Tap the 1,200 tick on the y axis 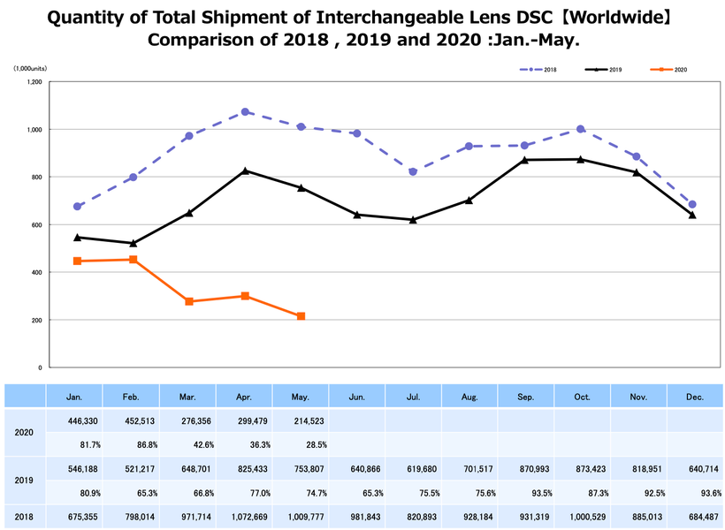pos(34,82)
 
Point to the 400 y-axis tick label pos(36,272)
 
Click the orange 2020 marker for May pos(301,316)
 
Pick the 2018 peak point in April pos(245,112)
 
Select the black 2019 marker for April pos(245,170)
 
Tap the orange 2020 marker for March pos(189,301)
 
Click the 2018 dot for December pos(692,204)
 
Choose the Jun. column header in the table pos(356,397)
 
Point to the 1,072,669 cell pos(245,516)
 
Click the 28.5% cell pos(301,444)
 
